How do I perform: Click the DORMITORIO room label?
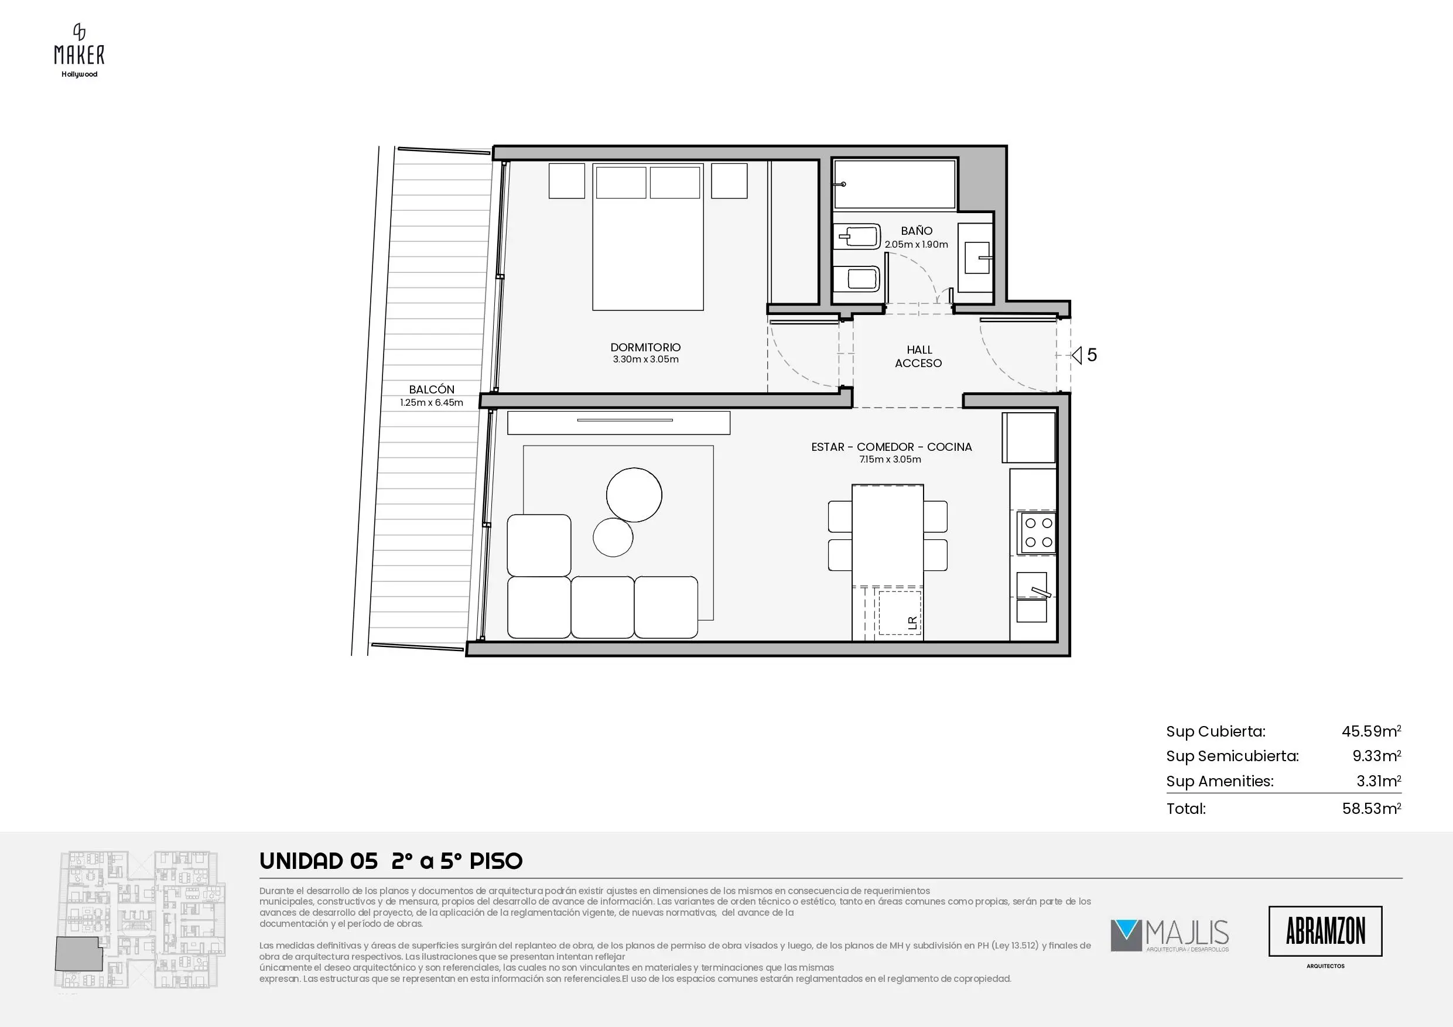pos(645,347)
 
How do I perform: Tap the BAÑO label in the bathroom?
pos(917,231)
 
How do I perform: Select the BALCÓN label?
pos(432,389)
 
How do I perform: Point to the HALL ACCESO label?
pos(919,356)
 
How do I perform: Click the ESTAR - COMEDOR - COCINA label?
pos(891,447)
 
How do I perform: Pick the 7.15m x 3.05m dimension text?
pos(890,460)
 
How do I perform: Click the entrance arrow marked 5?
pos(1076,355)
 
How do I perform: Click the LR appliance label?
pos(912,622)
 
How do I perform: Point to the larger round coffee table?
pos(634,495)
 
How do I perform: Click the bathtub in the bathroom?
pos(894,184)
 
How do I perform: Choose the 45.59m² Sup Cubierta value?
pos(1372,731)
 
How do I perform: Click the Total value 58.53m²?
pos(1372,808)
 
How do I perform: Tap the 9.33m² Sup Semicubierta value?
pos(1376,755)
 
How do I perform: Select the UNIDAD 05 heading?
pos(319,861)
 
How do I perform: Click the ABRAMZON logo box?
pos(1325,931)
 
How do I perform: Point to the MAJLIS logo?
pos(1170,936)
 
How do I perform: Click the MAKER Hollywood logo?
pos(79,50)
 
